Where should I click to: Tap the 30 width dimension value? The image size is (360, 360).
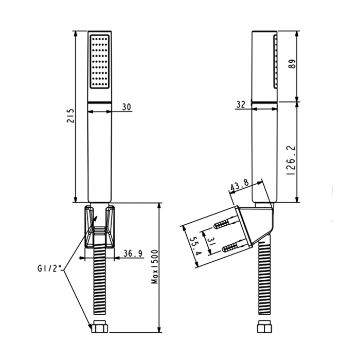pos(127,106)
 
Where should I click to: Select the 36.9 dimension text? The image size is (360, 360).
pos(133,253)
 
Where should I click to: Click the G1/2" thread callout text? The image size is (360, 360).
pos(49,268)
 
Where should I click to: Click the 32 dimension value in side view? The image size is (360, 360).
pos(241,104)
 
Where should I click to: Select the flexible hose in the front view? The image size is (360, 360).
pos(99,283)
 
